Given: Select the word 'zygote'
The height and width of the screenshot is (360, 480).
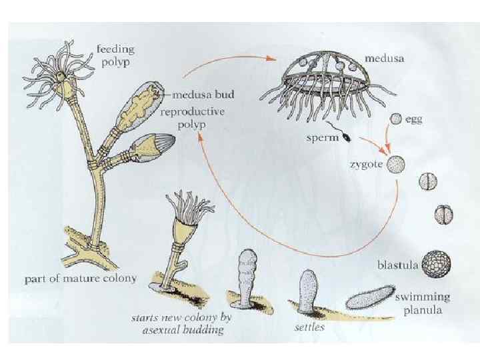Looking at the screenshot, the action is point(364,165).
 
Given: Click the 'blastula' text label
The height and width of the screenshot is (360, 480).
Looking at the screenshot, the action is point(398,265).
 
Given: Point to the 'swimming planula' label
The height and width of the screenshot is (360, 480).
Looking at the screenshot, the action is point(422,303).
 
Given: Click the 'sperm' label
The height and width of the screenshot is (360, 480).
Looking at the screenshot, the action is point(323,139).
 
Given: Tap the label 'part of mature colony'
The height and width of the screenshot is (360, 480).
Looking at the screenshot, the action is point(80,279).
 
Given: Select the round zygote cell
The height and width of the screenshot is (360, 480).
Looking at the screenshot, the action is point(397,164).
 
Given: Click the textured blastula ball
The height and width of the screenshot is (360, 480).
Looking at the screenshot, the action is point(437,263).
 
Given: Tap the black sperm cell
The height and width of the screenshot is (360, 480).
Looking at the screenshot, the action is point(346,138).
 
